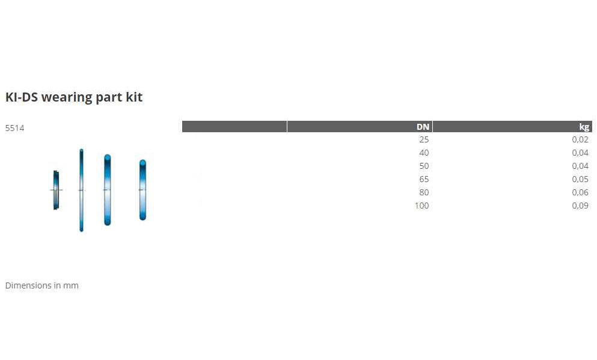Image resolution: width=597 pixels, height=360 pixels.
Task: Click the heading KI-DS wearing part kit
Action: coord(74,97)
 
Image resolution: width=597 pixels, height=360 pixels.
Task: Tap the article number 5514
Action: coord(15,128)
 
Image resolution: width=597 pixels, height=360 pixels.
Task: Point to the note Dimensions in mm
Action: coord(42,285)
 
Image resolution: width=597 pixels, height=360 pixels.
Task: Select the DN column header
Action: coord(423,127)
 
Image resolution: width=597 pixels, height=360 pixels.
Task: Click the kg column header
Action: coord(584,127)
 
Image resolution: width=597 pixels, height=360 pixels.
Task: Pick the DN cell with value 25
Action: coord(424,139)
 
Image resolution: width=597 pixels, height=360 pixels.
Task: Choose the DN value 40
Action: coord(424,153)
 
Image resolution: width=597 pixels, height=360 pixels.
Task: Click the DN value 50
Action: coord(424,166)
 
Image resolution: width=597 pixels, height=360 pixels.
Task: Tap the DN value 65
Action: coord(424,179)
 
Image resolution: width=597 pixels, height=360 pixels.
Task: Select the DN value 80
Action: coord(424,192)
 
